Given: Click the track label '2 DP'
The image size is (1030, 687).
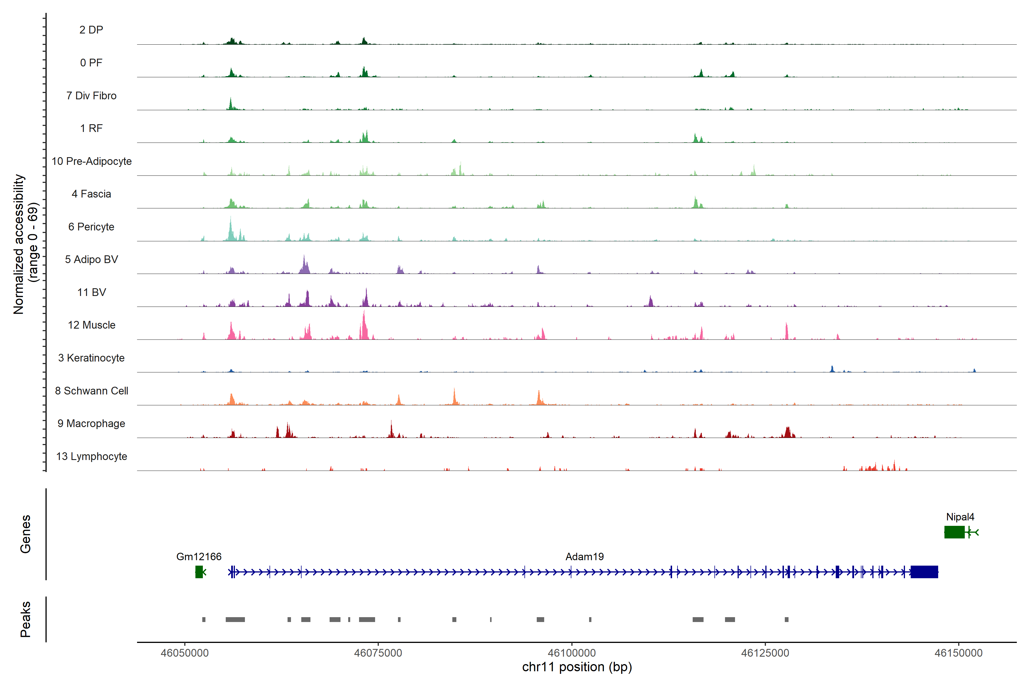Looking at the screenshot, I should (x=91, y=30).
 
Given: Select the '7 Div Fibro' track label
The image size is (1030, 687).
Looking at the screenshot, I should (x=91, y=96).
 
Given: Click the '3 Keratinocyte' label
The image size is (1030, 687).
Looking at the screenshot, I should (x=91, y=358).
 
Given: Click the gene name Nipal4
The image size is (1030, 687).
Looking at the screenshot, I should (x=960, y=517).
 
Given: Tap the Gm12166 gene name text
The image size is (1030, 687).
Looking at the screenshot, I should (x=199, y=557).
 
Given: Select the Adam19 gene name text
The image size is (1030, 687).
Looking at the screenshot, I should (x=585, y=557).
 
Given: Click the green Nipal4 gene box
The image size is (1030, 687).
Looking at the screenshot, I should (x=954, y=532).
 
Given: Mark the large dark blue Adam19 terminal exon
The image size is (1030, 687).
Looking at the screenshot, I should (x=924, y=572).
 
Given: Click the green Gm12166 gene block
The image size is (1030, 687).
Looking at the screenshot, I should (x=199, y=572).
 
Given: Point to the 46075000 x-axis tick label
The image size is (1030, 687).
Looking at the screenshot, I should (x=378, y=653).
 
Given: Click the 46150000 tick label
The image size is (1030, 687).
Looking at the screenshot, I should (x=958, y=653).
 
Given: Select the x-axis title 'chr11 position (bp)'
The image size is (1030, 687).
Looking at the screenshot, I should (x=577, y=667).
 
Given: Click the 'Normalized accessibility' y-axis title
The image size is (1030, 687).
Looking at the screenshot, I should (x=18, y=244).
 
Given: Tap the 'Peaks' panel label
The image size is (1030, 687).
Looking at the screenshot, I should (x=25, y=619).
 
